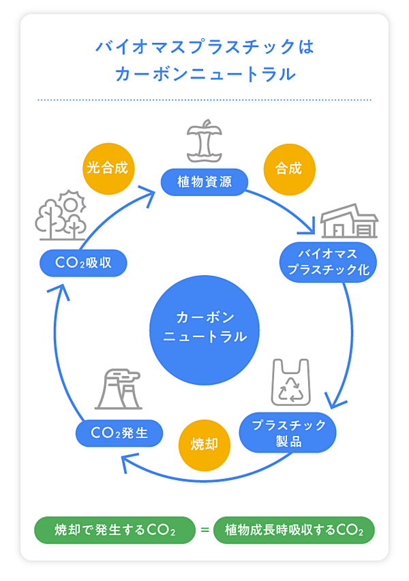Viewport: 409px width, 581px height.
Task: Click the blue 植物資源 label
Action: [204, 182]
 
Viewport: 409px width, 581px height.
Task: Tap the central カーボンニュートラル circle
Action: [204, 328]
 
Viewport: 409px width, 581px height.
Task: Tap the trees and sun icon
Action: [61, 216]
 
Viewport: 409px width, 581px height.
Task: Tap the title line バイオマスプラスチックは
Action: [204, 48]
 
